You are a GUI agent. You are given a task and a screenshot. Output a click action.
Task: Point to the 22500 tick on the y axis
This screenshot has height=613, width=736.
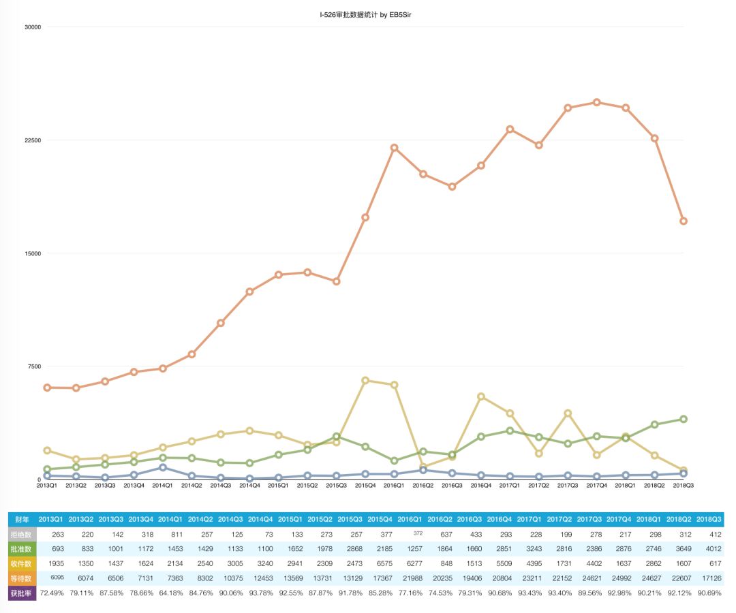point(32,140)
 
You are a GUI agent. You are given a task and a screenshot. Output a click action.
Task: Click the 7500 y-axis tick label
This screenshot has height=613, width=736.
point(34,366)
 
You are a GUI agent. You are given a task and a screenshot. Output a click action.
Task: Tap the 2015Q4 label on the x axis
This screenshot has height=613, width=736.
point(365,486)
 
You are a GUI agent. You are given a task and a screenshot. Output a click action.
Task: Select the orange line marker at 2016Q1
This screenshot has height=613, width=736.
point(394,148)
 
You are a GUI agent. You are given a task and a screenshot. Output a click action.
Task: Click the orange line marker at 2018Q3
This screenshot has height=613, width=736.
point(683,221)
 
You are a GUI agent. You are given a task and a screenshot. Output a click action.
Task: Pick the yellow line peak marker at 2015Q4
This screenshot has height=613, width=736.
point(365,381)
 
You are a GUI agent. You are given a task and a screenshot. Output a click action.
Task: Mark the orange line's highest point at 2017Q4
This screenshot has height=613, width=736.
point(596,102)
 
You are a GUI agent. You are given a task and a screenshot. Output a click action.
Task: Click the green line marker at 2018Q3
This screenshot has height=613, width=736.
point(683,419)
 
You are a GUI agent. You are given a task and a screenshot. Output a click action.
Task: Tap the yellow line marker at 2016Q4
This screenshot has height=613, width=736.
point(481,396)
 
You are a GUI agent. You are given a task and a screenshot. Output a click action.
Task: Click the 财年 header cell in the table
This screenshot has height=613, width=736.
point(22,520)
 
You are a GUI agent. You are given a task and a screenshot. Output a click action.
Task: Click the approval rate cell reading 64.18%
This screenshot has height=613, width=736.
point(168,593)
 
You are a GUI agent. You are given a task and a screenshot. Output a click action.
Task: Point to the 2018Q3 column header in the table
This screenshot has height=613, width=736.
point(708,520)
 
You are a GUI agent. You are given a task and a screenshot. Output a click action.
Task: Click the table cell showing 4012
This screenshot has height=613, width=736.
point(708,549)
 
